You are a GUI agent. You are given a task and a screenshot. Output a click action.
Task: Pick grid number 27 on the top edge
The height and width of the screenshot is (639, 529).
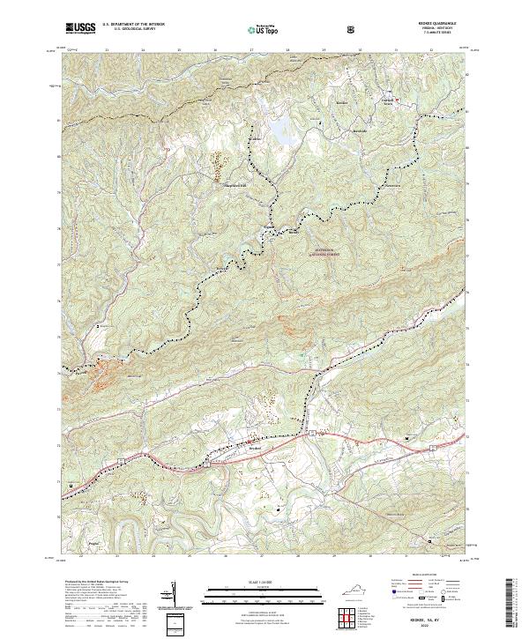pos(252,50)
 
